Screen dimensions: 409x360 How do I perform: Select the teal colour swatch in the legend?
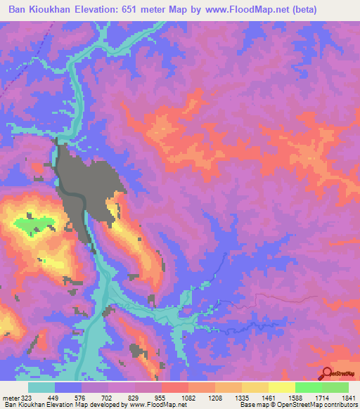(41, 387)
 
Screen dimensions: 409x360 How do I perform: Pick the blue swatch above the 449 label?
(68, 387)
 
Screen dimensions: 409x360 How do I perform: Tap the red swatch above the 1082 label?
(175, 387)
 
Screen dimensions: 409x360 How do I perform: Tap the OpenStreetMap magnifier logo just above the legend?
(328, 373)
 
